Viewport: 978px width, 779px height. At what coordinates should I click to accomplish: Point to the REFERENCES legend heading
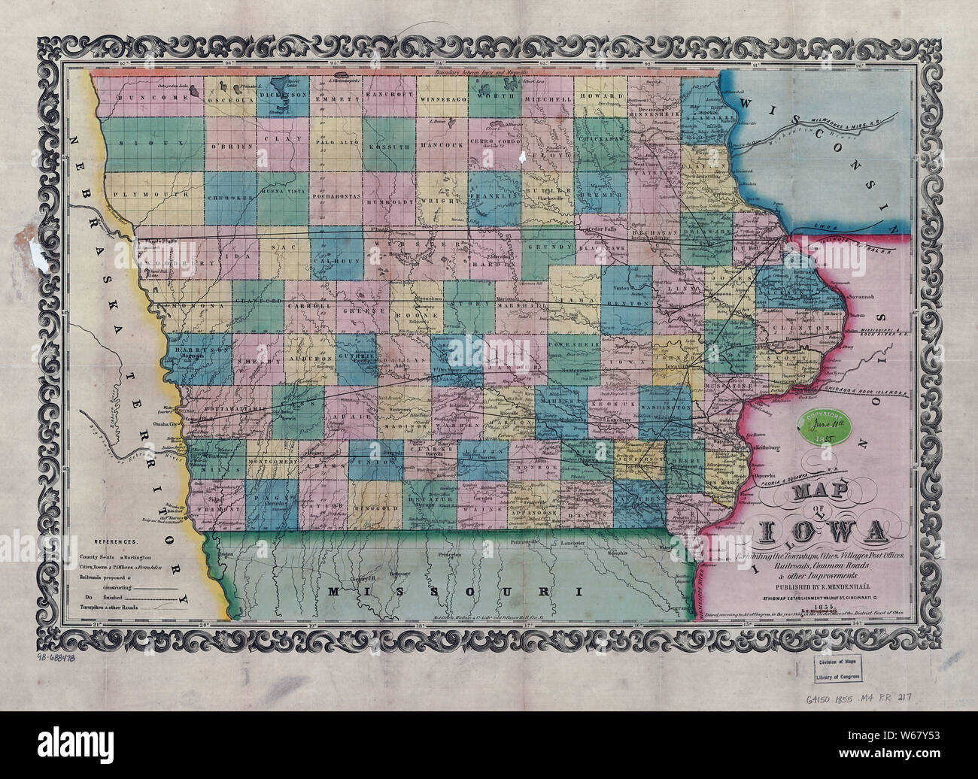[115, 541]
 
